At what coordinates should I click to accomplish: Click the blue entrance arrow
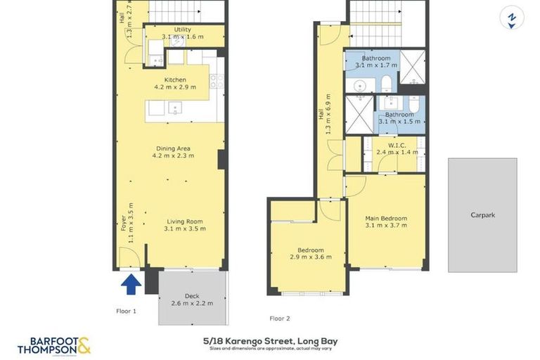pyautogui.click(x=130, y=284)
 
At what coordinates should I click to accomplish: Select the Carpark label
pyautogui.click(x=482, y=215)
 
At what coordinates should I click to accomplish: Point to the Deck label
pyautogui.click(x=192, y=296)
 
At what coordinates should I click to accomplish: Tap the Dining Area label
pyautogui.click(x=174, y=148)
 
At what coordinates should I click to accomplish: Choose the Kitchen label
pyautogui.click(x=175, y=80)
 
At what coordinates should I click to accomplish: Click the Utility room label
pyautogui.click(x=183, y=30)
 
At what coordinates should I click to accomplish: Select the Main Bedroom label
pyautogui.click(x=386, y=219)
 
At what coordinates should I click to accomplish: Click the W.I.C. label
pyautogui.click(x=397, y=145)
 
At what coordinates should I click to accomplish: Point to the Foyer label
pyautogui.click(x=124, y=223)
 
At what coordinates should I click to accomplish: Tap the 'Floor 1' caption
pyautogui.click(x=126, y=309)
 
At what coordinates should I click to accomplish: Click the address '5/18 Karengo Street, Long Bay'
pyautogui.click(x=269, y=342)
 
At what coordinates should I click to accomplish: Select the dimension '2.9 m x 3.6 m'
pyautogui.click(x=310, y=258)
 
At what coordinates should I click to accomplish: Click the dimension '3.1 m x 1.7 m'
pyautogui.click(x=376, y=65)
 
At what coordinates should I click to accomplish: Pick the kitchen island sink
pyautogui.click(x=175, y=108)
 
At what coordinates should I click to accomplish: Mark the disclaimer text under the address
pyautogui.click(x=270, y=349)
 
